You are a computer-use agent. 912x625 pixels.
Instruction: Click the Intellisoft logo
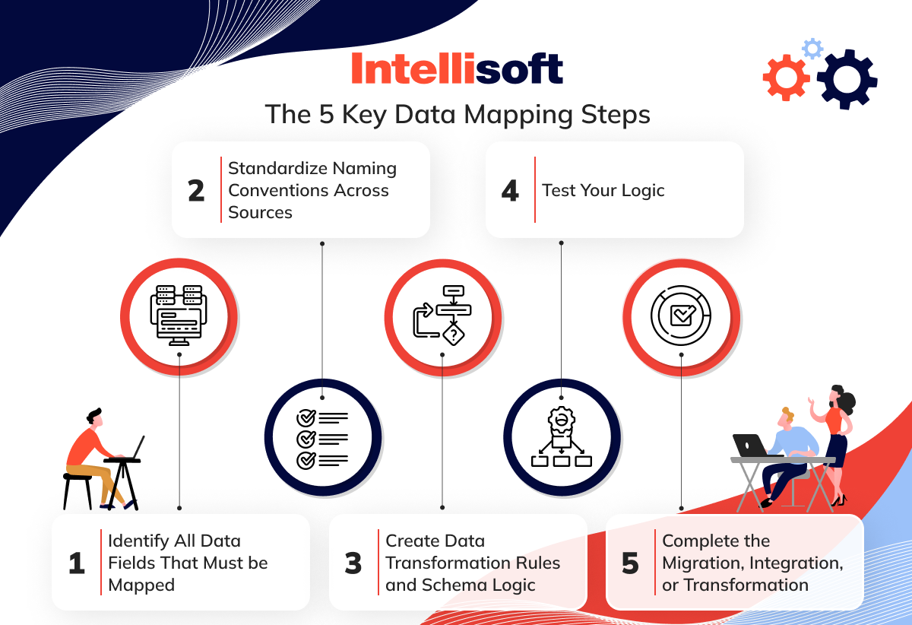click(457, 68)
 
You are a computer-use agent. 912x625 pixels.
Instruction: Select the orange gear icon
click(786, 78)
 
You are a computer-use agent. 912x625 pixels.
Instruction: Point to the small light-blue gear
click(812, 49)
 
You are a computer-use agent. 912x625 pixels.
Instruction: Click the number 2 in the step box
click(196, 191)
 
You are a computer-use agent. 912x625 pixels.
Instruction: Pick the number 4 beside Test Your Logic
click(510, 191)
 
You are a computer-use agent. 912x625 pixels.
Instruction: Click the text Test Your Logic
click(603, 190)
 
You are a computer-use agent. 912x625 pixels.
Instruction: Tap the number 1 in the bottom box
click(77, 563)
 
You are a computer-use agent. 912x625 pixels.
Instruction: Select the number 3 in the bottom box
click(353, 563)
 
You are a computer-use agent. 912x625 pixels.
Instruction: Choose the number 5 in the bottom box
click(630, 563)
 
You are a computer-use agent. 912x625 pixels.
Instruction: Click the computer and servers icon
click(179, 316)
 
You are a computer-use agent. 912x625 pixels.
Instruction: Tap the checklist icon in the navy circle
click(322, 439)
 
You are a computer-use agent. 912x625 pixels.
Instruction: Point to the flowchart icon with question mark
click(442, 316)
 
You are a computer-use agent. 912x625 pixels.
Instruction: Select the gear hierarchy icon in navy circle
click(562, 436)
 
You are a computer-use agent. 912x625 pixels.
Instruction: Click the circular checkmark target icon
click(681, 316)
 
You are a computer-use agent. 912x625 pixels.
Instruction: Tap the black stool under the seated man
click(78, 490)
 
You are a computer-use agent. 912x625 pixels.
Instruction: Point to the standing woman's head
click(841, 396)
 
